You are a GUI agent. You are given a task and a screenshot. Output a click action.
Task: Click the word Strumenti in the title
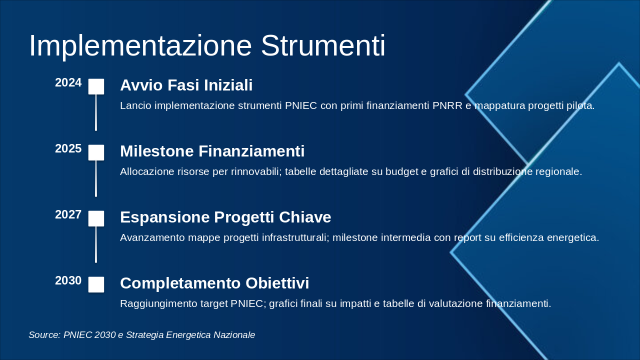pos(323,46)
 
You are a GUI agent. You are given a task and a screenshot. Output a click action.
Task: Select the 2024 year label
pos(68,83)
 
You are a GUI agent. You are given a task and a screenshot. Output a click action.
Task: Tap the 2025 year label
pos(68,149)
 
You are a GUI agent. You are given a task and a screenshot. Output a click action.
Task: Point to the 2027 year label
pos(68,215)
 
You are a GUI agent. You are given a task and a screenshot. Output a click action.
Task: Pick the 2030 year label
pos(68,281)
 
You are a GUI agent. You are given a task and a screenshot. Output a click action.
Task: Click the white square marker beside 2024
pos(96,86)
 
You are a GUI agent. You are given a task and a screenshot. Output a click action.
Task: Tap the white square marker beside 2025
pos(96,152)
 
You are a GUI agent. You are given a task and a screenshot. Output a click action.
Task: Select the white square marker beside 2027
pos(96,218)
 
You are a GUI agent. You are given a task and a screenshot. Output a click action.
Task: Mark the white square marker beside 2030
pos(96,284)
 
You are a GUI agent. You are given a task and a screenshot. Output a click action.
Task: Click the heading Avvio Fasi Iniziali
pos(186,85)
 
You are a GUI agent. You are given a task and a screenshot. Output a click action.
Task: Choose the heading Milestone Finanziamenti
pos(212,151)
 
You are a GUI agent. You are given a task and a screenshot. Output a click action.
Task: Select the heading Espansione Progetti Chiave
pos(225,217)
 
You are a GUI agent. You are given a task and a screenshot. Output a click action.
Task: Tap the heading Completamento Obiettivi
pos(214,283)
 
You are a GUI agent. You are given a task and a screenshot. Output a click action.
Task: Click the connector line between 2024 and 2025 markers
pos(96,113)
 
